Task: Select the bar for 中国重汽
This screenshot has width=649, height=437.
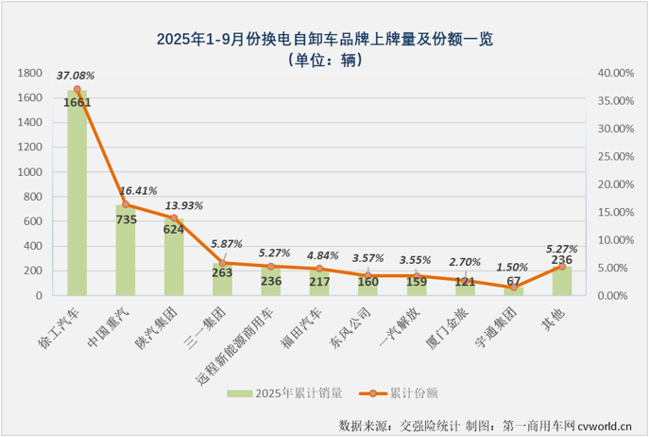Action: click(x=126, y=255)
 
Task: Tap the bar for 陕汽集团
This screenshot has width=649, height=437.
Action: click(x=174, y=260)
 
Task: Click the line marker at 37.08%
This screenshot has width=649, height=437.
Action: click(x=77, y=89)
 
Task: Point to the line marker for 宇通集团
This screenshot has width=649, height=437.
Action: click(x=514, y=287)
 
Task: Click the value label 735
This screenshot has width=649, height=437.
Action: click(x=126, y=218)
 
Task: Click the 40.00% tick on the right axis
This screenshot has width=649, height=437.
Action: click(x=612, y=73)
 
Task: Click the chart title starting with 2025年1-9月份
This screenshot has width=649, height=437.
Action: click(x=324, y=40)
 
